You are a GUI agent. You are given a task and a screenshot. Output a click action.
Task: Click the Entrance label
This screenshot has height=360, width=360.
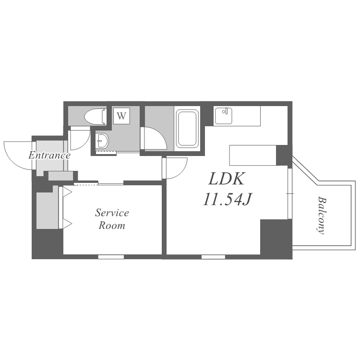tap(49, 156)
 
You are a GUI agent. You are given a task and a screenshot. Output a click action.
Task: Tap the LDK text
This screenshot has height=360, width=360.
tap(227, 179)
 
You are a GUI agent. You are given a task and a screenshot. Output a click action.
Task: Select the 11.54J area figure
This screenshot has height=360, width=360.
tap(228, 199)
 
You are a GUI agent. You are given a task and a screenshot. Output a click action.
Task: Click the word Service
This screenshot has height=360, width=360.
tap(112, 213)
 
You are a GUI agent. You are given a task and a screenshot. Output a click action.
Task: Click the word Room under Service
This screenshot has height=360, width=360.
tap(112, 226)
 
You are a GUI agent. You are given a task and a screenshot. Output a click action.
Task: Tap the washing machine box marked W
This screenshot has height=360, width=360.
tap(121, 116)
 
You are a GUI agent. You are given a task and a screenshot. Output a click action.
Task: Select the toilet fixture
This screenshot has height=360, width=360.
tap(96, 117)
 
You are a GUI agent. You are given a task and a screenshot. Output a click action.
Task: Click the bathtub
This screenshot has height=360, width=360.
tap(187, 129)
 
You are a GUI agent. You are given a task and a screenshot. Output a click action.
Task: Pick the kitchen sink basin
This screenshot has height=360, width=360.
tap(223, 116)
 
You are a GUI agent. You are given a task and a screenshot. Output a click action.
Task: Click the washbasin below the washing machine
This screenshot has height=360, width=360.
tap(102, 141)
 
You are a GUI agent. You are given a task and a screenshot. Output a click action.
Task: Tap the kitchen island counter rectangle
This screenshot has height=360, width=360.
tap(253, 155)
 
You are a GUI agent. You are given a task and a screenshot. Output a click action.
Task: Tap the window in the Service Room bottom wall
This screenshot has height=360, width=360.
tap(111, 257)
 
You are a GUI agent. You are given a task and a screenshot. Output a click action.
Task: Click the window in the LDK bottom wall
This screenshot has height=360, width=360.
tap(213, 257)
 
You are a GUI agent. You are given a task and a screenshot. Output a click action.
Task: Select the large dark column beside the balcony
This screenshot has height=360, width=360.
tap(276, 239)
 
